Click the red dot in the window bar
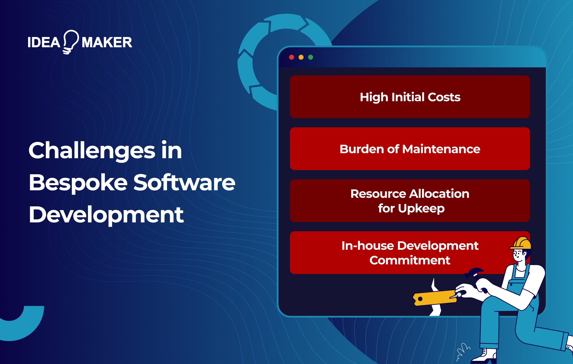click(292, 57)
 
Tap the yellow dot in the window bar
click(301, 57)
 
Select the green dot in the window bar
click(311, 57)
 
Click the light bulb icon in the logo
click(70, 42)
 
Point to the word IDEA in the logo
click(44, 43)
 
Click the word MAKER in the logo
click(107, 43)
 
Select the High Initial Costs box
click(410, 97)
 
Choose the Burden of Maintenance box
click(410, 149)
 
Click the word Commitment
click(410, 260)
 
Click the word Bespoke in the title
click(78, 183)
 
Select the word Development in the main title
click(106, 215)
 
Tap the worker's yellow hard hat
click(521, 243)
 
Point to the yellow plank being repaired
click(434, 298)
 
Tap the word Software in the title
click(184, 183)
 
